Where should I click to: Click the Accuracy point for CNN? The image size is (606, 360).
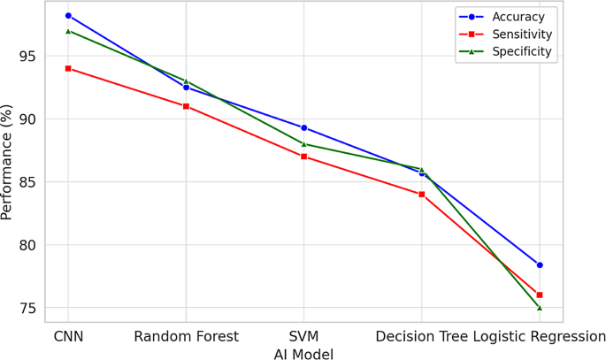[x=68, y=16]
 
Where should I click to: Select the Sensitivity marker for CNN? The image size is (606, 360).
[x=68, y=68]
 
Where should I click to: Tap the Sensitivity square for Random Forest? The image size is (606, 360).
[x=186, y=106]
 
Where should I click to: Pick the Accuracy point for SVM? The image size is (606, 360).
[x=303, y=127]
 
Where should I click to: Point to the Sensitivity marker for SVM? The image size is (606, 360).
[x=303, y=157]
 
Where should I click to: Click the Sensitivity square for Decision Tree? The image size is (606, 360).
[x=422, y=195]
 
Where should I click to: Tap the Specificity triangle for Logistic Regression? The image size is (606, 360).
[x=540, y=308]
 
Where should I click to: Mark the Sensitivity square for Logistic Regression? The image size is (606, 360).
[x=540, y=295]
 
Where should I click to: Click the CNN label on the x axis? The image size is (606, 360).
[x=68, y=337]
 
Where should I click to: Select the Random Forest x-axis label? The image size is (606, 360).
[x=186, y=337]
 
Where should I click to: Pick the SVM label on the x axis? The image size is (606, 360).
[x=303, y=337]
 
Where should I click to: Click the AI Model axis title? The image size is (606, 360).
[x=303, y=354]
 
